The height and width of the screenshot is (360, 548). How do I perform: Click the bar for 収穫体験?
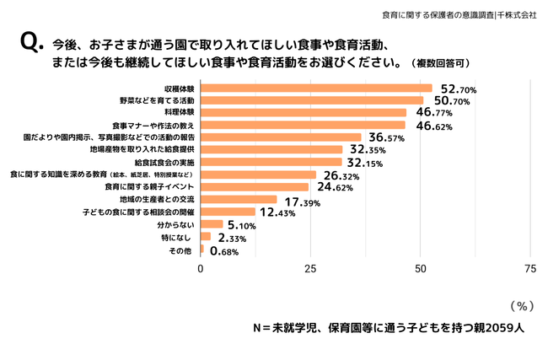pos(316,88)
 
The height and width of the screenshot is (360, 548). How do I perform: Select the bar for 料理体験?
pos(303,112)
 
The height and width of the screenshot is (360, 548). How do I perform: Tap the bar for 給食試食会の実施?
pos(271,162)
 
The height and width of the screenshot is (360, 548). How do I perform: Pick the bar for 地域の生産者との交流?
pos(239,200)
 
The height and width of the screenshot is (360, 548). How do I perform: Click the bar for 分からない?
pos(212,224)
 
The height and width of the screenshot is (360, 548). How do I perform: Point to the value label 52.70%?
pos(459,89)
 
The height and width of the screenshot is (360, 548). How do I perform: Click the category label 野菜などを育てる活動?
pos(158,100)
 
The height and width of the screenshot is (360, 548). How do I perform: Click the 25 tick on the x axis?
pos(310,268)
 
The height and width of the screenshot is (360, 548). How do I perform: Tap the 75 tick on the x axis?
pos(530,268)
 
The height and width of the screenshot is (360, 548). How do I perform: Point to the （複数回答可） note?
pos(439,63)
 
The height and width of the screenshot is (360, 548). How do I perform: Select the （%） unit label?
pos(523,305)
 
